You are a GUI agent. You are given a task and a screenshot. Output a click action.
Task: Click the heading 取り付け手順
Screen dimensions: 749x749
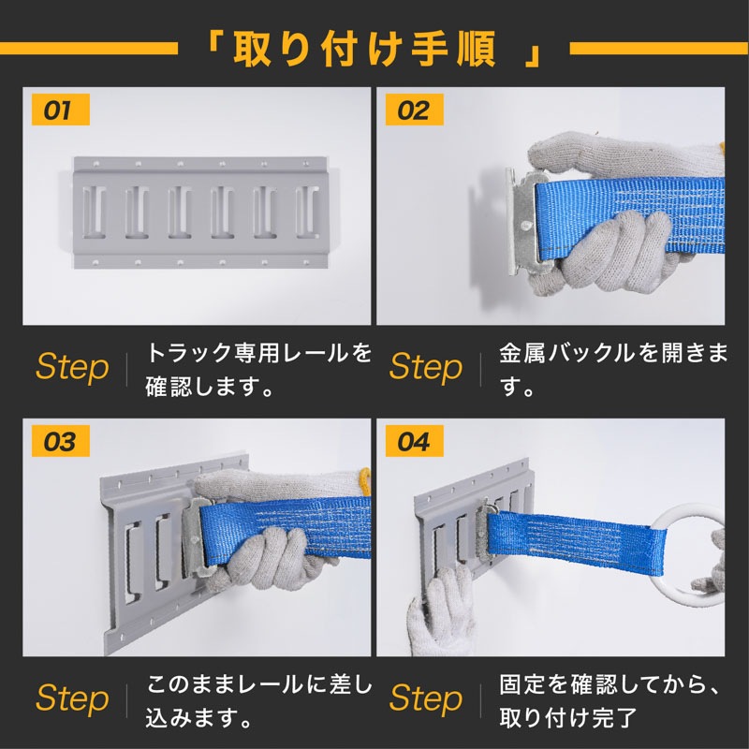click(364, 50)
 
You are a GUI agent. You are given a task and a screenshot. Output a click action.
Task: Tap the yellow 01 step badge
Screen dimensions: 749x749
click(61, 110)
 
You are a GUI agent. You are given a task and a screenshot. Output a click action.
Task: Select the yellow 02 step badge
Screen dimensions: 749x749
click(414, 110)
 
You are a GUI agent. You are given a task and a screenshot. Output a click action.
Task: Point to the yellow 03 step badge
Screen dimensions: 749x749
click(61, 441)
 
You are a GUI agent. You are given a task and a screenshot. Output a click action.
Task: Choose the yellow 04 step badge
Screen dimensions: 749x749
click(414, 441)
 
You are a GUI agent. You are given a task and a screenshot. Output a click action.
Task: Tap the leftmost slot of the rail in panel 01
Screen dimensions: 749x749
click(95, 212)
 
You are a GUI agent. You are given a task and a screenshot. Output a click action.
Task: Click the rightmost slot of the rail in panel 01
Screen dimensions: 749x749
click(307, 212)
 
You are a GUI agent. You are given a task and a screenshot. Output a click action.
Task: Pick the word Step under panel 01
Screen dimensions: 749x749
click(73, 367)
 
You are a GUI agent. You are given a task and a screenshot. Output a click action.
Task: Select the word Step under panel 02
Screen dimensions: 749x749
click(426, 367)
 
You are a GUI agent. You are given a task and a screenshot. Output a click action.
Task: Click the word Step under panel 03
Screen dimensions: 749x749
click(73, 698)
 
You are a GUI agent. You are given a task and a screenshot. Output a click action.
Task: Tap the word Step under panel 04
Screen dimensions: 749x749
click(426, 698)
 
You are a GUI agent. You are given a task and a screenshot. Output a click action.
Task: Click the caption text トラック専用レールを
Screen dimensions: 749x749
click(258, 353)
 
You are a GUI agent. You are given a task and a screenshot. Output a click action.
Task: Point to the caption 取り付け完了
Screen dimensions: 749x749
click(568, 717)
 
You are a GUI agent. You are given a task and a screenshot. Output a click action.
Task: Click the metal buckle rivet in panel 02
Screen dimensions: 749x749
click(525, 225)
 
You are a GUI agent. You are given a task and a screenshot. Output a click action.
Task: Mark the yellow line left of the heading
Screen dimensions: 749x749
click(89, 49)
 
